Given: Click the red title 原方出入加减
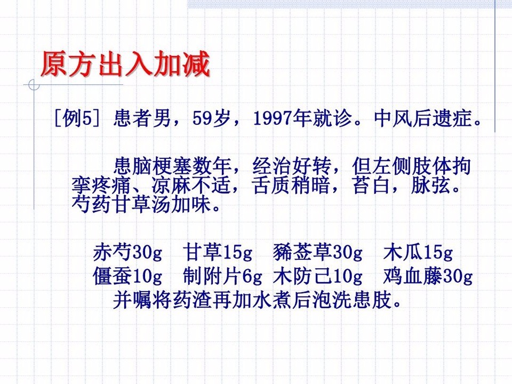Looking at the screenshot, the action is pyautogui.click(x=125, y=63).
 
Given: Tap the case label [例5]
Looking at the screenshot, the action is pyautogui.click(x=77, y=118).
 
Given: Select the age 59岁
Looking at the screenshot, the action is pyautogui.click(x=211, y=118).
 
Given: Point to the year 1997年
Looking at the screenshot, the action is pyautogui.click(x=282, y=118).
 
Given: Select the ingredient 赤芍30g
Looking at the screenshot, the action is pyautogui.click(x=127, y=252).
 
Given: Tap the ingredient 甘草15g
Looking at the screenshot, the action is pyautogui.click(x=218, y=252).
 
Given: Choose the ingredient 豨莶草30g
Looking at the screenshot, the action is pyautogui.click(x=318, y=252).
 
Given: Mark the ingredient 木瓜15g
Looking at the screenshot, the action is pyautogui.click(x=418, y=252).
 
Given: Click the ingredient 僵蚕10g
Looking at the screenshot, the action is pyautogui.click(x=127, y=276).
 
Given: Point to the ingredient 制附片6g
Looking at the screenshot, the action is pyautogui.click(x=222, y=276).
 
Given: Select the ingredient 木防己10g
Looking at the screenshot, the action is pyautogui.click(x=318, y=276).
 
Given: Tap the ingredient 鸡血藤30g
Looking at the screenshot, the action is pyautogui.click(x=428, y=276).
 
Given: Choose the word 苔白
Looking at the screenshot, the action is pyautogui.click(x=372, y=185).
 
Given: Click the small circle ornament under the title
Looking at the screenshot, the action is pyautogui.click(x=34, y=85).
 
